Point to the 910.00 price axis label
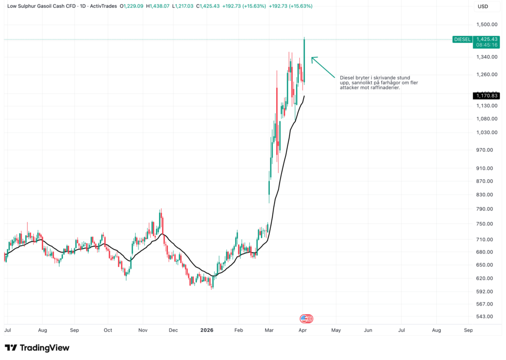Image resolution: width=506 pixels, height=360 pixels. point(485,168)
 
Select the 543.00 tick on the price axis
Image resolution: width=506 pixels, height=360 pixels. point(485,316)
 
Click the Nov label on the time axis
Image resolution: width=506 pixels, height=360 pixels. point(143,331)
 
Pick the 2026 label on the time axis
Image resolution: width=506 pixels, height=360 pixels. point(206,331)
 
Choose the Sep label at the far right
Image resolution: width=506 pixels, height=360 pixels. point(468,331)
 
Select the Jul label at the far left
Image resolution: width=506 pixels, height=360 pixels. point(7,331)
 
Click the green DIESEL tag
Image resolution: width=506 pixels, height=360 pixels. point(462,39)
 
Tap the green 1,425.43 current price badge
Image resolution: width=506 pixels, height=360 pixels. point(486,39)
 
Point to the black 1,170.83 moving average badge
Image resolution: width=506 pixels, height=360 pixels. point(486,95)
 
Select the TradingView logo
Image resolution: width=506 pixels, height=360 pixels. point(37,348)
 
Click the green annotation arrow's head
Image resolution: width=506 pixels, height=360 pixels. point(313,58)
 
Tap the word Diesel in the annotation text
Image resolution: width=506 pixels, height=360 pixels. point(347,78)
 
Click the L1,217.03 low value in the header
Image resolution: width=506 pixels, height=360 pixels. point(183,6)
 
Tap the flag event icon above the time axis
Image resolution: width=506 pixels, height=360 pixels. point(307,319)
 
